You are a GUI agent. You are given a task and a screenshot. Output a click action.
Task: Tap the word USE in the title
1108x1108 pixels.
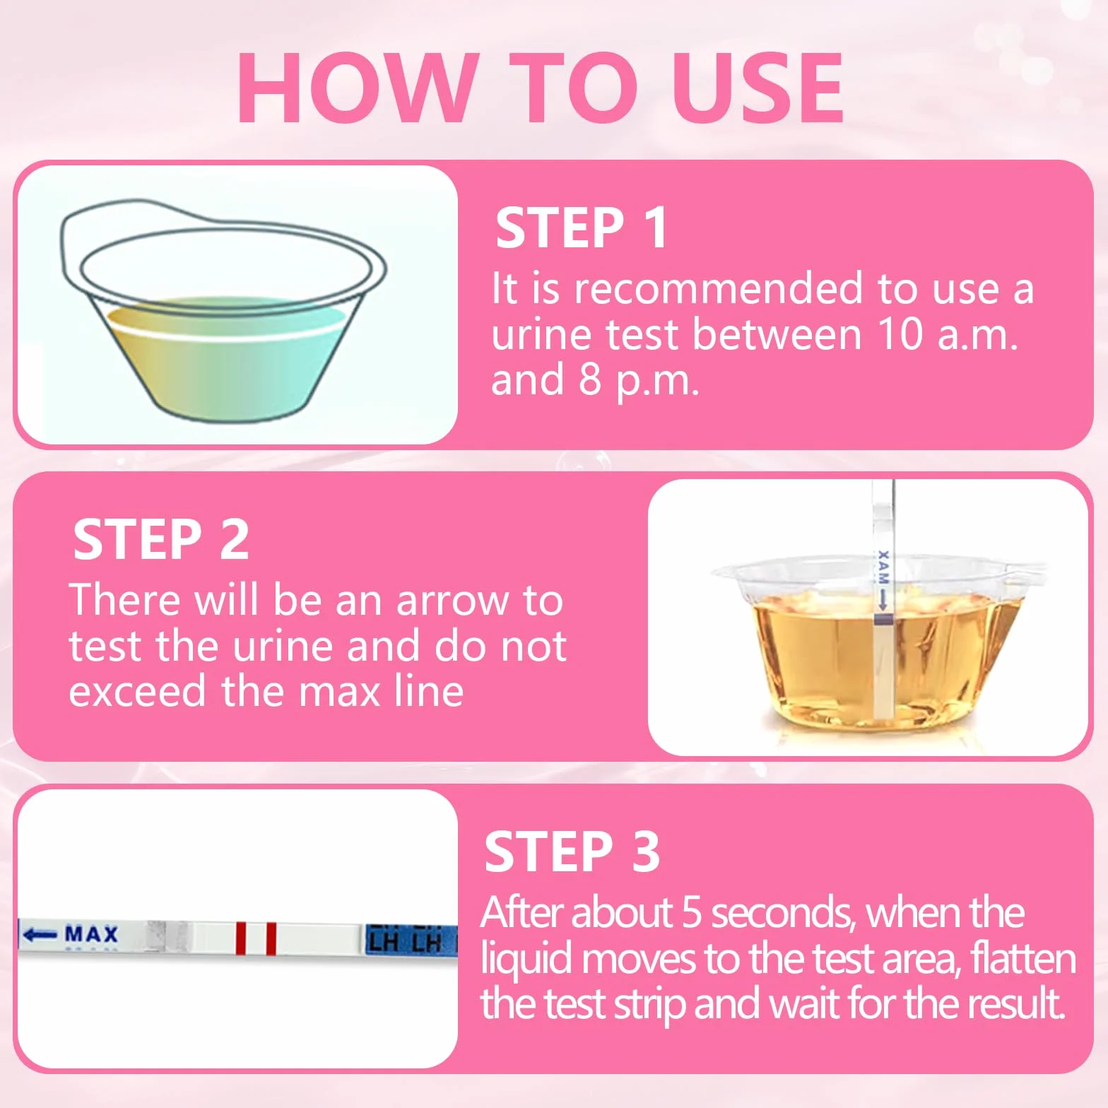[x=758, y=88]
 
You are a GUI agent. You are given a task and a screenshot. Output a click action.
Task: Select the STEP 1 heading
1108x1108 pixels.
[x=582, y=228]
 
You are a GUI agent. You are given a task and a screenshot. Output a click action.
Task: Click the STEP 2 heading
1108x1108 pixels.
[x=161, y=539]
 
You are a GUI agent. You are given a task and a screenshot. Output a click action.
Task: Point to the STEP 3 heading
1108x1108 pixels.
[x=572, y=851]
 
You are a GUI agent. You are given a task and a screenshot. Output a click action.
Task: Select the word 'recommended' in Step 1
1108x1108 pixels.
[x=719, y=288]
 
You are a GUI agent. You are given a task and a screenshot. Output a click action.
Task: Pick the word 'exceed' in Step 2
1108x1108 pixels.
[x=138, y=691]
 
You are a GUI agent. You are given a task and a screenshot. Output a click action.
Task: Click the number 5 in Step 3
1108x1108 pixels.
[x=692, y=912]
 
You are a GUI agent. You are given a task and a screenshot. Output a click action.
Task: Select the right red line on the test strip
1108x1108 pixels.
[x=271, y=938]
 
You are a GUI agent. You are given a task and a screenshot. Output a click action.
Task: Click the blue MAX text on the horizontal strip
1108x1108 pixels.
[x=91, y=934]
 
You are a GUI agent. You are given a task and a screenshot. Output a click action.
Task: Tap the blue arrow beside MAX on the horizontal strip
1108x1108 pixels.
[x=40, y=934]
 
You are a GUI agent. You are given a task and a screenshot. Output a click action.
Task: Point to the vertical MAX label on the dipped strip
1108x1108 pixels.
[x=883, y=566]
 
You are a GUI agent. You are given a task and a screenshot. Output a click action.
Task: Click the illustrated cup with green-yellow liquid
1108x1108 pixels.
[x=223, y=311]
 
